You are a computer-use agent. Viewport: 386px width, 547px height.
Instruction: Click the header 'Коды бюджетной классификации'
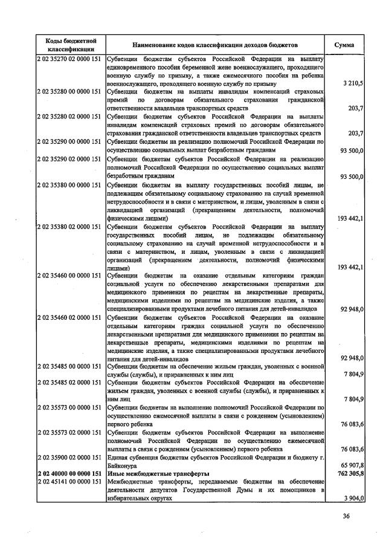(70, 45)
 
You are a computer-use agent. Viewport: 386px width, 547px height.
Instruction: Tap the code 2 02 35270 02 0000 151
(70, 59)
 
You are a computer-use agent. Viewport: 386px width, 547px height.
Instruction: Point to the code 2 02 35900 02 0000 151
(70, 458)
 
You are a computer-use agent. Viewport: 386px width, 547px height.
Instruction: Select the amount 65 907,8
(352, 465)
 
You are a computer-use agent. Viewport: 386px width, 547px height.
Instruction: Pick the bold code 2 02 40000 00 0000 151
(70, 474)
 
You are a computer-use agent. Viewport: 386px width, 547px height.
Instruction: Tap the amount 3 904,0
(353, 499)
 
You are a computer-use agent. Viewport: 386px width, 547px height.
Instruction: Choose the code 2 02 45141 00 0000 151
(70, 482)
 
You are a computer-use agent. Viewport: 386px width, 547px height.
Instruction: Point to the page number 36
(346, 516)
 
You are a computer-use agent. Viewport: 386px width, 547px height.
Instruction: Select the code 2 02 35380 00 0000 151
(70, 184)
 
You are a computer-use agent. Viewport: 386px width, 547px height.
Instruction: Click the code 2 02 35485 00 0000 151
(70, 366)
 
